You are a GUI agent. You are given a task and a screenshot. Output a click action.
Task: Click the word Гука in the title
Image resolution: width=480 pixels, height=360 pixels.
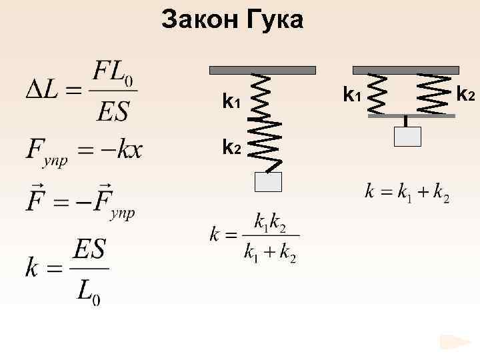[x=274, y=21]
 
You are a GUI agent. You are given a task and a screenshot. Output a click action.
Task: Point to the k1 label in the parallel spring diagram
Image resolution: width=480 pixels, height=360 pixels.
[x=351, y=95]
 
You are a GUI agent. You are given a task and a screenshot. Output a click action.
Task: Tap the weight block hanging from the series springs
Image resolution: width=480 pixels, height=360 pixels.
[x=269, y=182]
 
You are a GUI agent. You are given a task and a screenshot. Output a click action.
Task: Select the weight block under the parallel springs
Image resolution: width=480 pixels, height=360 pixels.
[x=407, y=135]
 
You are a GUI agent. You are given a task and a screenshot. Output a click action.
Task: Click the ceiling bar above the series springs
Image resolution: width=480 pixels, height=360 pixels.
[x=263, y=69]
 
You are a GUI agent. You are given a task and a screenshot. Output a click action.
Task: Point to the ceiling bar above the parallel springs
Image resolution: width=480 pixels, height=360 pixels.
[x=406, y=69]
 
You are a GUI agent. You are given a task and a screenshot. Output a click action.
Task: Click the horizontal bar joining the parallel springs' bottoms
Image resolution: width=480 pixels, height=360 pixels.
[x=410, y=116]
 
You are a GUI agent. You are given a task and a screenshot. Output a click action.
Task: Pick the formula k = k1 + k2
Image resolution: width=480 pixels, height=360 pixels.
[x=407, y=193]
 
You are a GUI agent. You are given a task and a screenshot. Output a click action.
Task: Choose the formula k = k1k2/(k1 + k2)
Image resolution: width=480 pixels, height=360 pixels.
[x=254, y=237]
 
